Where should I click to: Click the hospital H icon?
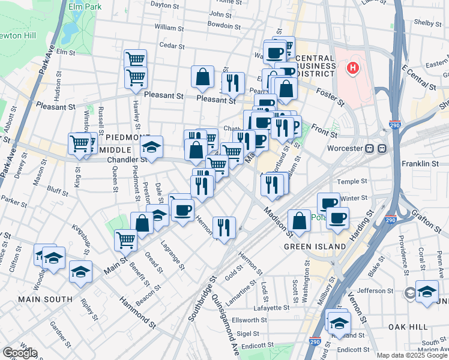[x=353, y=68]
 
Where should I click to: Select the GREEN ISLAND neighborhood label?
[x=315, y=247]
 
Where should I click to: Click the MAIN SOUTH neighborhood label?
[x=46, y=299]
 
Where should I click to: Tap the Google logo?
[x=19, y=353]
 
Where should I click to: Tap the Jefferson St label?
[x=378, y=290]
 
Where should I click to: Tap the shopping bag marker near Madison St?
[x=299, y=221]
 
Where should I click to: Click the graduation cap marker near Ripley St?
[x=80, y=272]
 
